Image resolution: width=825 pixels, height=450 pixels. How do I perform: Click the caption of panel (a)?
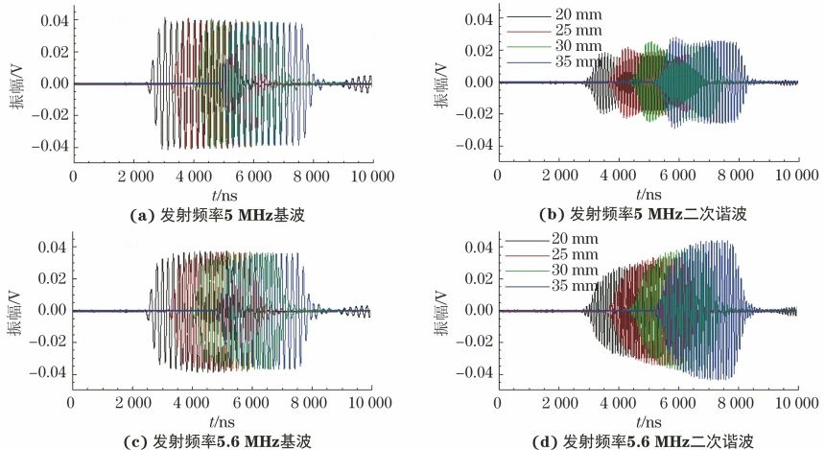[222, 214]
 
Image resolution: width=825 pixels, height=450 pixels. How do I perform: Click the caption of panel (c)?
[222, 440]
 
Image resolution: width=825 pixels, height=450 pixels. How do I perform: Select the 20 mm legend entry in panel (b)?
[577, 16]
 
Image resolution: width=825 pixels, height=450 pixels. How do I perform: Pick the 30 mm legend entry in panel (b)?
[577, 46]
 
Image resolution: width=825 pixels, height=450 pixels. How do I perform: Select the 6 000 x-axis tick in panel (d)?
[677, 403]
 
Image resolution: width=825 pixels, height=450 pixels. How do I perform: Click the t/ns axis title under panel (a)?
[222, 194]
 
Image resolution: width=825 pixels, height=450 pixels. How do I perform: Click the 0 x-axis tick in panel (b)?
[498, 176]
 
